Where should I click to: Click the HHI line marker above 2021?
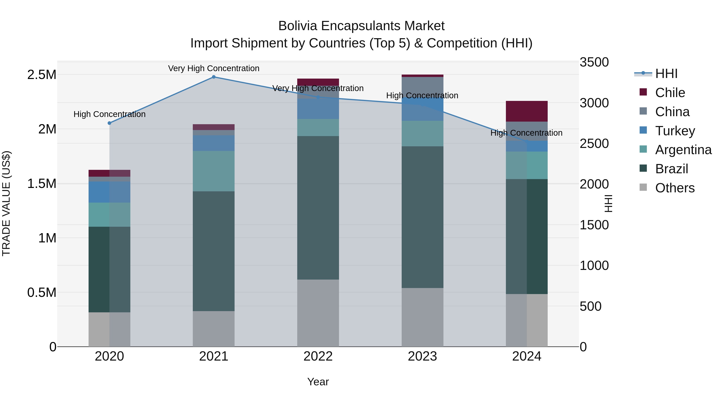214,77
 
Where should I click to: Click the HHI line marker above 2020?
109,123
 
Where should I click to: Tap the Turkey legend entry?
675,131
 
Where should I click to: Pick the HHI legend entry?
666,74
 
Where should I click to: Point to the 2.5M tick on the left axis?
42,75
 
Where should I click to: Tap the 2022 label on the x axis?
318,356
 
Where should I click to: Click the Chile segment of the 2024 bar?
527,111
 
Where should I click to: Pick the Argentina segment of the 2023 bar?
422,133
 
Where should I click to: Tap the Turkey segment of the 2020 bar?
109,192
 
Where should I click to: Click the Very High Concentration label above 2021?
214,68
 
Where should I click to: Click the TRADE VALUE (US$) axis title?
6,203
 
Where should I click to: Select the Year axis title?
318,382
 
